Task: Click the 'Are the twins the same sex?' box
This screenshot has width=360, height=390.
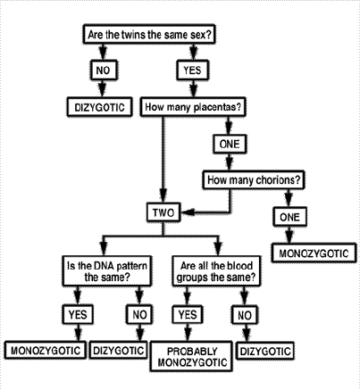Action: [x=148, y=35]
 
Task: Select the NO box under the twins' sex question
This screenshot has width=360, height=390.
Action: [x=104, y=71]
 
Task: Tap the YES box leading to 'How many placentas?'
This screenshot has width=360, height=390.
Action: [x=193, y=71]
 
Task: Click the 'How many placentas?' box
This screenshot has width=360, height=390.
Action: [x=193, y=106]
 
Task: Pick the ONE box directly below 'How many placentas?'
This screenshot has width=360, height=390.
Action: [x=230, y=144]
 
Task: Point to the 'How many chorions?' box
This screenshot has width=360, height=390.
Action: [x=254, y=179]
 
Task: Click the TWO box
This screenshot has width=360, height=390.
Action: [x=163, y=212]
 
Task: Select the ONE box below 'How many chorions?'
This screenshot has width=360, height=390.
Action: [x=289, y=217]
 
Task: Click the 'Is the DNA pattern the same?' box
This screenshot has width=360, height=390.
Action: [x=107, y=271]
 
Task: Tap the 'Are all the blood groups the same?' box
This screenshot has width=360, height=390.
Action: [x=216, y=271]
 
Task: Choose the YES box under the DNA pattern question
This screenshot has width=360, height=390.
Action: [x=78, y=314]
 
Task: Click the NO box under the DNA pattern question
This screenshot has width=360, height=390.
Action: [x=139, y=314]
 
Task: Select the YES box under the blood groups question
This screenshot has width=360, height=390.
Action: [x=188, y=314]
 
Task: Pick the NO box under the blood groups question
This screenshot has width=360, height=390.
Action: [x=245, y=315]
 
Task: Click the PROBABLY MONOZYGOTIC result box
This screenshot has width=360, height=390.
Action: [x=191, y=357]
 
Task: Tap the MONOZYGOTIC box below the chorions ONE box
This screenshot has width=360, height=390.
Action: [x=314, y=253]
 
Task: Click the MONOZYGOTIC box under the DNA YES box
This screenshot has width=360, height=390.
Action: [x=46, y=350]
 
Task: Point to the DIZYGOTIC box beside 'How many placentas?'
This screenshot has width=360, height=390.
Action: [x=99, y=106]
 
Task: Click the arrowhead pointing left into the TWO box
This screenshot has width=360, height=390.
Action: [x=188, y=212]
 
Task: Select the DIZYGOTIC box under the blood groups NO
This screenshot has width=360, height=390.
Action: [x=265, y=351]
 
